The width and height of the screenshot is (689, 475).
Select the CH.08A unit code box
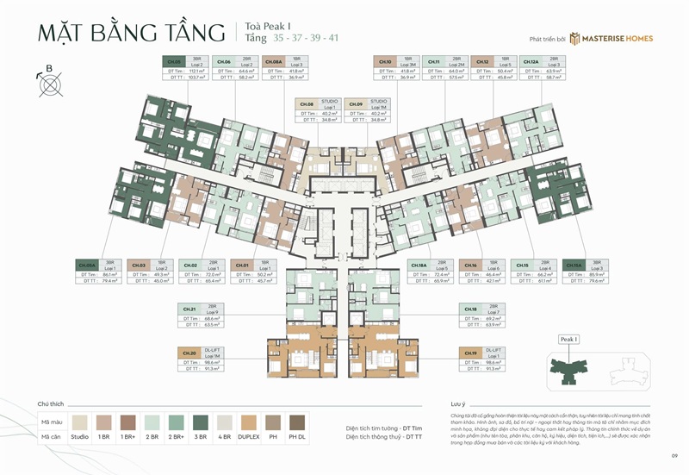[274, 62]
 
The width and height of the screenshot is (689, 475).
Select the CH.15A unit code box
[574, 265]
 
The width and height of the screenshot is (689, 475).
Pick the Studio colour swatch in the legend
[80, 422]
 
